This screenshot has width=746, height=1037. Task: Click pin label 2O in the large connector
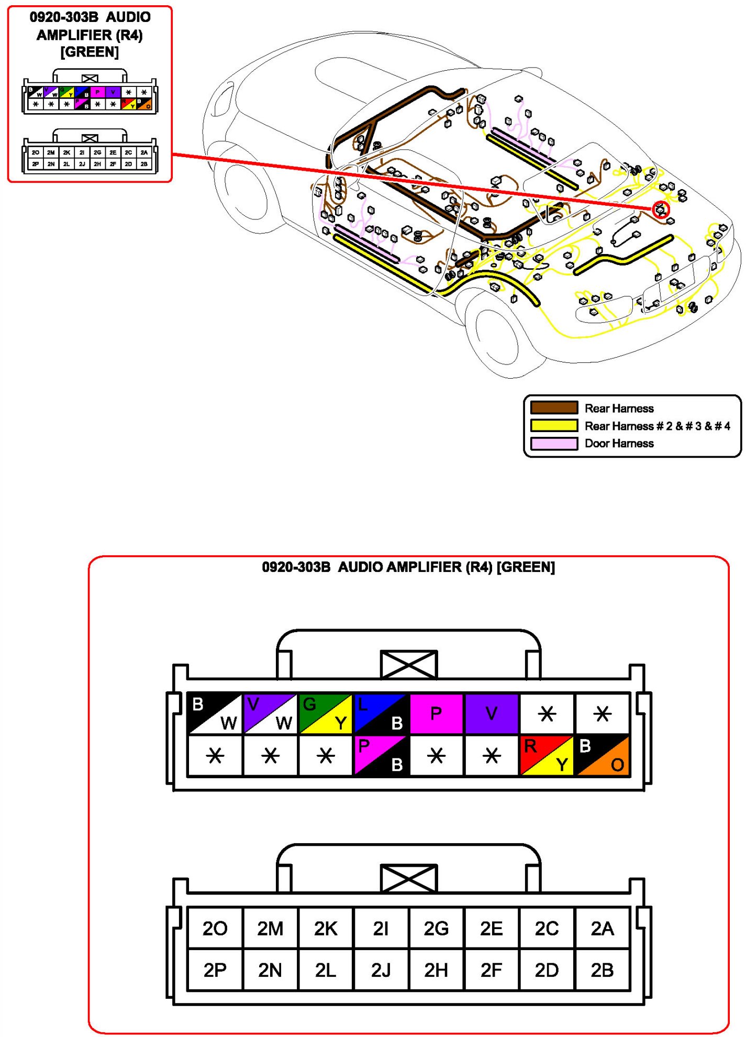tap(215, 929)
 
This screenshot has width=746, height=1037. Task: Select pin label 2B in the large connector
tap(602, 970)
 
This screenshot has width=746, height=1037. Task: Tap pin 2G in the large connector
tap(436, 929)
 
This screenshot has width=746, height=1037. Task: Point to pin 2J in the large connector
tap(381, 970)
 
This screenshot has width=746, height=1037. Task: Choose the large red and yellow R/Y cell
tap(547, 755)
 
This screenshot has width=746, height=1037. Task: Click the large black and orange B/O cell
tap(602, 755)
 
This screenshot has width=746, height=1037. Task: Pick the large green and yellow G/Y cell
tap(325, 713)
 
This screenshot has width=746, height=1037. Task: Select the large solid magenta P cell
tap(436, 713)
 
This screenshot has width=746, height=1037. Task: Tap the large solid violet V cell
tap(492, 713)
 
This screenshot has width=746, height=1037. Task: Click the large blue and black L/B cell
tap(381, 713)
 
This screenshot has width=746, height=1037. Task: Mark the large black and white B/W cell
tap(215, 713)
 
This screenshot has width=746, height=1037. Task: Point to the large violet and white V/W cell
tap(270, 713)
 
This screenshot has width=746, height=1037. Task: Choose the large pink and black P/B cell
tap(381, 755)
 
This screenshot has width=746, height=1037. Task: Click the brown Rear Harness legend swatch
tap(554, 408)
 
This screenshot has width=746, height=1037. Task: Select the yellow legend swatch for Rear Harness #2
tap(554, 425)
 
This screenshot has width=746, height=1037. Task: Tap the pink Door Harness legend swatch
tap(554, 443)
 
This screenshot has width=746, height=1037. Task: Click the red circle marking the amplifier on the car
tap(661, 210)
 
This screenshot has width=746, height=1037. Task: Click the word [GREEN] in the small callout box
tap(90, 52)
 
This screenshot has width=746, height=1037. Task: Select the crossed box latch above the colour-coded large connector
tap(409, 664)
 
